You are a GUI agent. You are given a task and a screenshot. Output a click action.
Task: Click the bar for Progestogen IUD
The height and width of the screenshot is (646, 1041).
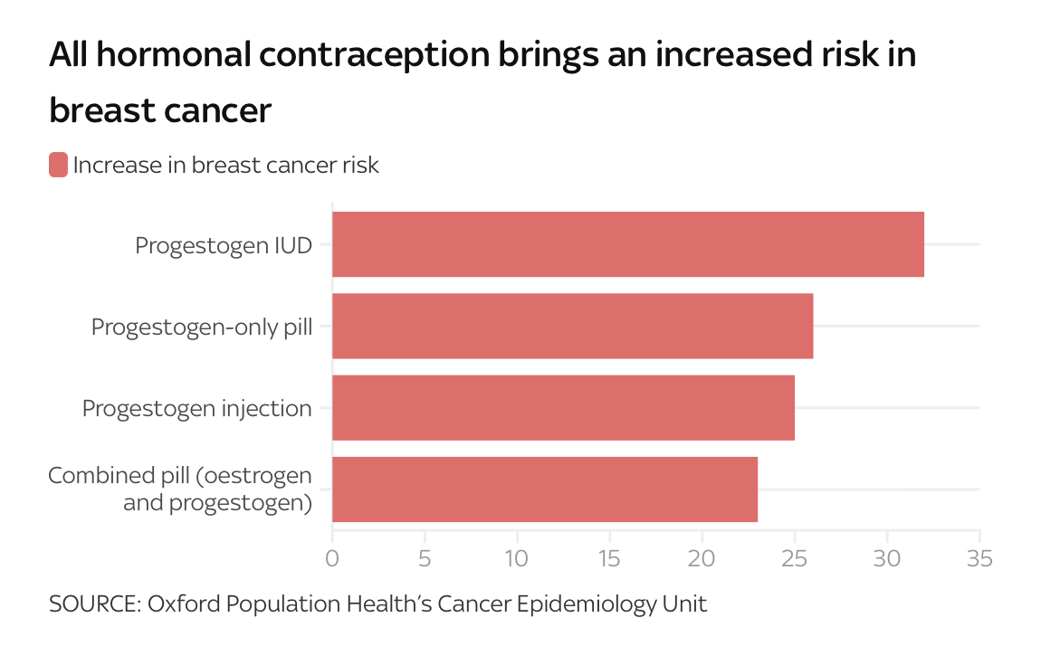coord(628,244)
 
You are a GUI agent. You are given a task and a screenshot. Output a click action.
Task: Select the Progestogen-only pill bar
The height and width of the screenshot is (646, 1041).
coord(572,326)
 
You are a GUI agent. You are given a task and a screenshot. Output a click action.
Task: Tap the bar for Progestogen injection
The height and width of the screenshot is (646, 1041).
coord(563,408)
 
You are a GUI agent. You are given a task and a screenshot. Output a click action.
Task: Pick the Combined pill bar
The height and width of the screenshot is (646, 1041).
coord(545,489)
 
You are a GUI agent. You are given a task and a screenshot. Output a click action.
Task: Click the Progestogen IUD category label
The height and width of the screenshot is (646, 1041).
coord(224,245)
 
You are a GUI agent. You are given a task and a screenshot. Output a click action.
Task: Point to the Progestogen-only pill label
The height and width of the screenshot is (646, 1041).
coord(202,327)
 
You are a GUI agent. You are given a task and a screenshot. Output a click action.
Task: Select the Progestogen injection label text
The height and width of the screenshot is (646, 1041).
coord(197,408)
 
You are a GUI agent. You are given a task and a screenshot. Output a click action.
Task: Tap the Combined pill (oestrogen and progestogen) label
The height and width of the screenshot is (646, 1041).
coord(180,489)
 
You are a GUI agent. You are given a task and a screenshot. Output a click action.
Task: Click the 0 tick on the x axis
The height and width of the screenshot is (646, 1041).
coord(332,557)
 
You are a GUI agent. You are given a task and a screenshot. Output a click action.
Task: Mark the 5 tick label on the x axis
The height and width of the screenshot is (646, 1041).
coord(425,557)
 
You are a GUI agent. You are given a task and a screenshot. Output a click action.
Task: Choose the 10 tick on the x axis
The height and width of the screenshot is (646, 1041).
coord(517,557)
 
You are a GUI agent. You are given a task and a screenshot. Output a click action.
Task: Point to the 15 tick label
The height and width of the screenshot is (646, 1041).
coord(609,557)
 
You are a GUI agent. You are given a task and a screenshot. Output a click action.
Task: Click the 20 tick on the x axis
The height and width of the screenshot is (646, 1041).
coord(702,557)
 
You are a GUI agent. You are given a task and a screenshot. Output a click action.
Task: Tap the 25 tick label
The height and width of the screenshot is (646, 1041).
coord(795,557)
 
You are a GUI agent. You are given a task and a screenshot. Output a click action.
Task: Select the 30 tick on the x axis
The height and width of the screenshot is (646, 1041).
coord(887,557)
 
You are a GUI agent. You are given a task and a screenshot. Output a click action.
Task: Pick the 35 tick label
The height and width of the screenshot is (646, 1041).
coord(979,557)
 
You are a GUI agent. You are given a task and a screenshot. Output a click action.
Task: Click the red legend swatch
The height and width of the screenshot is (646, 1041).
coord(58,166)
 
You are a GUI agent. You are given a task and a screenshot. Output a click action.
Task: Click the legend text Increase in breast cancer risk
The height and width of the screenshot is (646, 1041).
coord(225,166)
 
